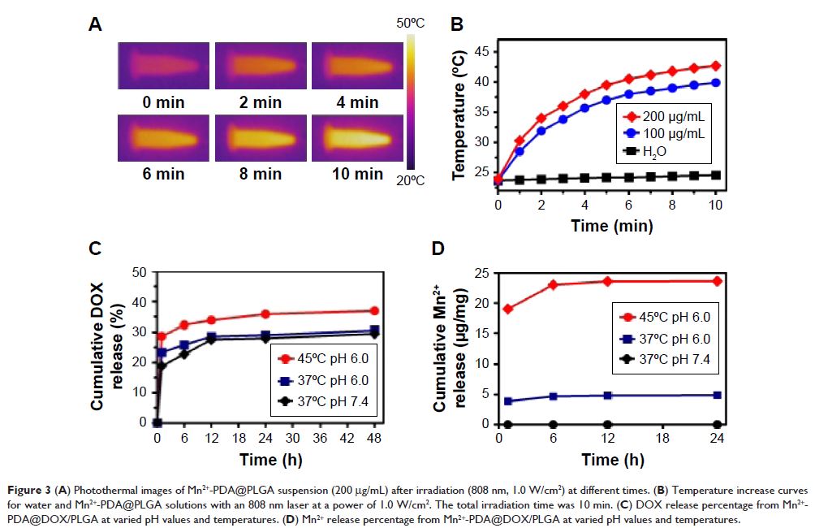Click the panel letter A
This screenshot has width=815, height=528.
(95, 25)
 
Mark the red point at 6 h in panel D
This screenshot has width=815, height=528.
(553, 284)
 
